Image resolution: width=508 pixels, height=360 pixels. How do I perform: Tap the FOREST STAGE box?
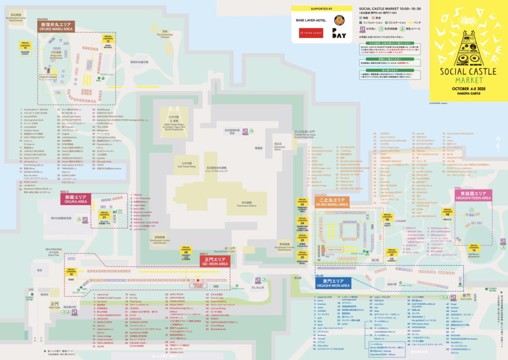[48, 77]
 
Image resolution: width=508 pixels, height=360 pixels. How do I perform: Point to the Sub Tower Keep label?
[187, 164]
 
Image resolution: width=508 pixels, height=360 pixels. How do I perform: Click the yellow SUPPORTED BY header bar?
[322, 8]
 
